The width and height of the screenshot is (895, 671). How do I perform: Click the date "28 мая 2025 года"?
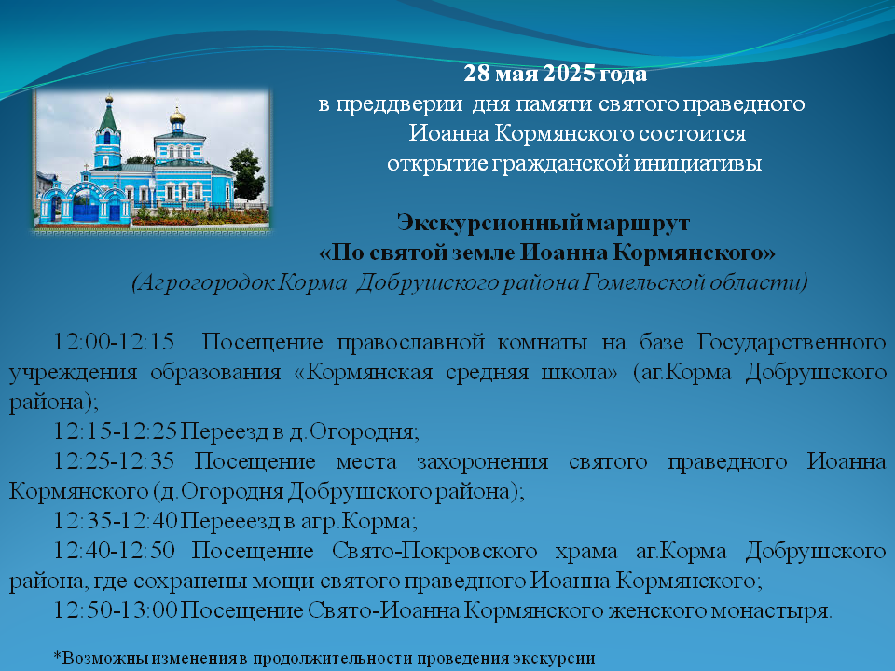click(x=555, y=74)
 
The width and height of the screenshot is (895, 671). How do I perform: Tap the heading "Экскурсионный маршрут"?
click(x=544, y=223)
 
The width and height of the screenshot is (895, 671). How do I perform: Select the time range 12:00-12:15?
click(x=114, y=341)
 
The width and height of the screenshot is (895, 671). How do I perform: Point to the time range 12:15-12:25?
click(x=115, y=431)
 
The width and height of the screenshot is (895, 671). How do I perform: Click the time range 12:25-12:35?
click(x=114, y=460)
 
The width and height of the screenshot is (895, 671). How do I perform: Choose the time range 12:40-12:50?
click(x=114, y=550)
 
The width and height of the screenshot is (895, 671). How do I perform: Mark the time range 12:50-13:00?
click(x=116, y=609)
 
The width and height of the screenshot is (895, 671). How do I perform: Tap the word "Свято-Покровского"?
click(x=434, y=551)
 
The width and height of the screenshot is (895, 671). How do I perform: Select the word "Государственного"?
click(x=792, y=342)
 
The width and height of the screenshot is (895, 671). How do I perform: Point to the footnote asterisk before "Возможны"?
click(x=57, y=655)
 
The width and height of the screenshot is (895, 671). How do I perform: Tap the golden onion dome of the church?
click(x=177, y=116)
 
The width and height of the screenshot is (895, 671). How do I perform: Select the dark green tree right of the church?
click(x=248, y=174)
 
